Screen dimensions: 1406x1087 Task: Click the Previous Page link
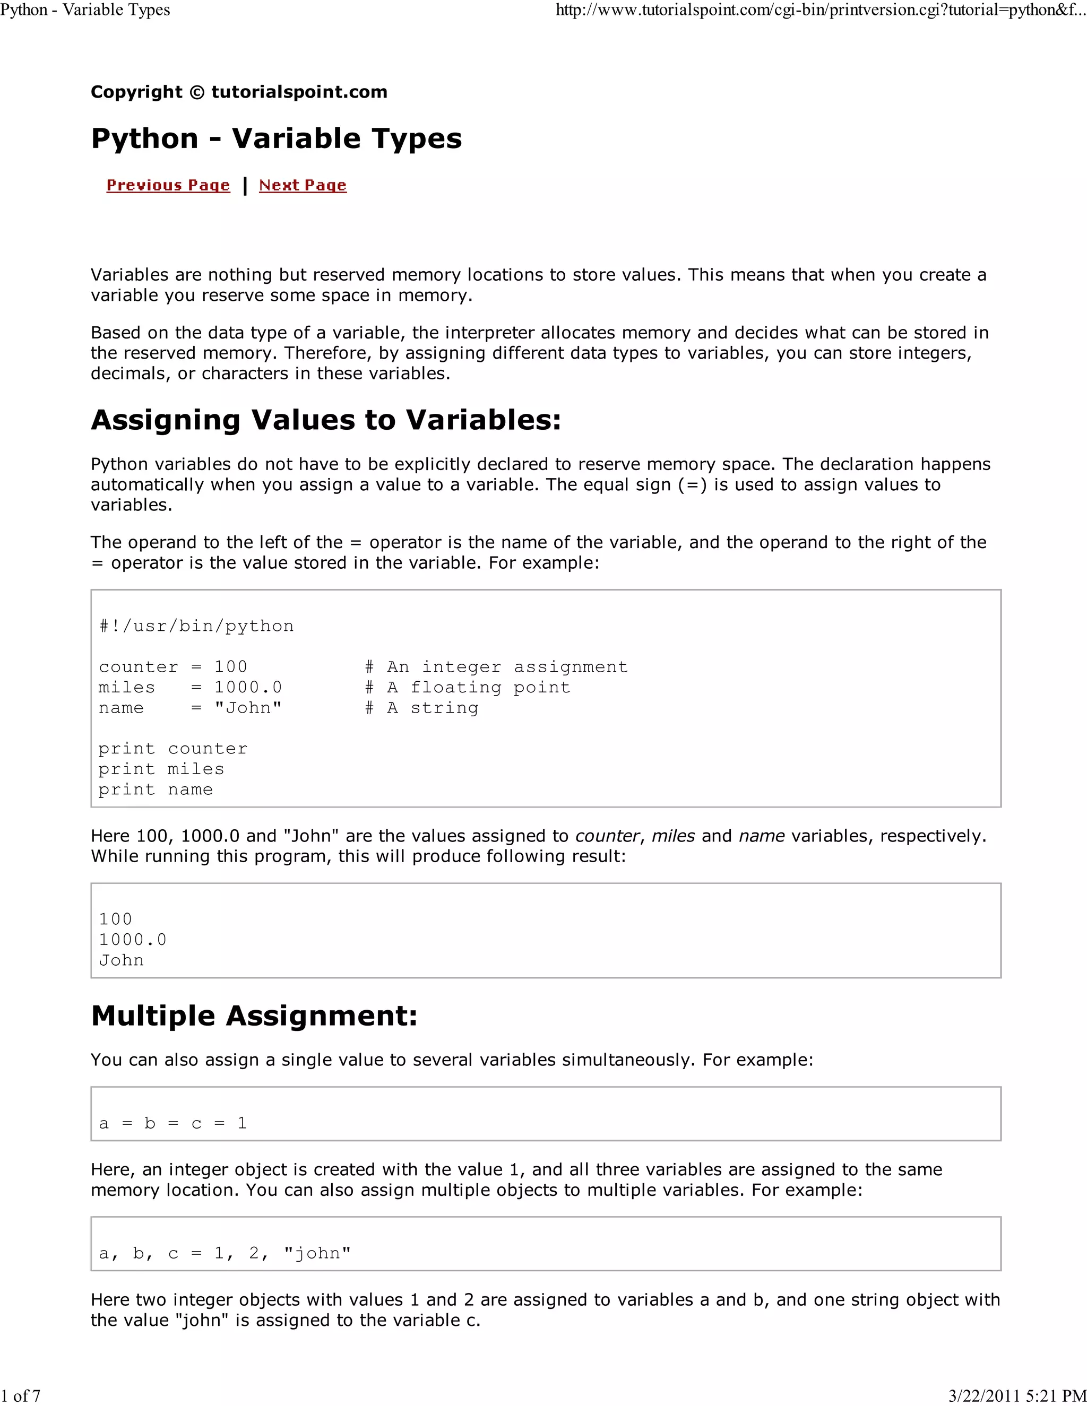[168, 185]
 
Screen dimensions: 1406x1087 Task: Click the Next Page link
[303, 185]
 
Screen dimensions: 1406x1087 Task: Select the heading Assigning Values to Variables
[326, 420]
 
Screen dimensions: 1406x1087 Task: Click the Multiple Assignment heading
[254, 1016]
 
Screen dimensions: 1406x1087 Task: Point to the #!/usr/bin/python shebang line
[196, 627]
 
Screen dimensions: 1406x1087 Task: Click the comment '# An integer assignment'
[496, 667]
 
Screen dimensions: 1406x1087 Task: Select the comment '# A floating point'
[468, 688]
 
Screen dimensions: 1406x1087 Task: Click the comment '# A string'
[422, 708]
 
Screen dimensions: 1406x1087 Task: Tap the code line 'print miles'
[161, 769]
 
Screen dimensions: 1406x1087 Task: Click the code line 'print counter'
[172, 749]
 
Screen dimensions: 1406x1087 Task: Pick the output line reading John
[121, 960]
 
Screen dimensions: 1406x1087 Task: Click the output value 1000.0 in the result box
[133, 940]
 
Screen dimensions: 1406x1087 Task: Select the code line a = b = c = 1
[172, 1123]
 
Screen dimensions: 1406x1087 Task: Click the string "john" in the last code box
[317, 1253]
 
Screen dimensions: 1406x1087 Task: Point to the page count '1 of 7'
[21, 1396]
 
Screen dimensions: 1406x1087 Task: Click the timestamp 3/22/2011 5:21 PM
[1017, 1396]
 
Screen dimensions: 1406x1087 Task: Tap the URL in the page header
[821, 10]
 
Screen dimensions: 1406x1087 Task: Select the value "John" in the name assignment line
[248, 708]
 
